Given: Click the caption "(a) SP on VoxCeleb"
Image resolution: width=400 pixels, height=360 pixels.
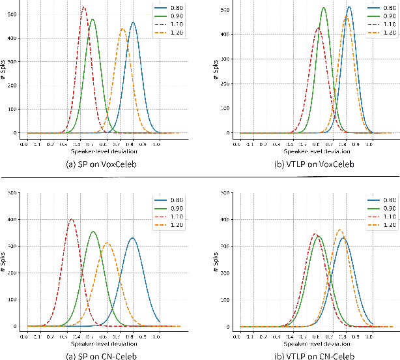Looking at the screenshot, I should (x=96, y=164).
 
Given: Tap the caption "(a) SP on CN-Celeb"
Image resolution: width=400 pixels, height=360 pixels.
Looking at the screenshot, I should (x=96, y=355).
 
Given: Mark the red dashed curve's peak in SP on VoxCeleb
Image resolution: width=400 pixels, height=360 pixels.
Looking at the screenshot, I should (x=83, y=8).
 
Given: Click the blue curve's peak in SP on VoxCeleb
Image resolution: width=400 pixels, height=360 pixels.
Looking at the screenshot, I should (x=134, y=23).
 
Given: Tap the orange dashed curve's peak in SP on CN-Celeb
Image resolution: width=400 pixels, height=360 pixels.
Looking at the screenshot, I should (x=107, y=243).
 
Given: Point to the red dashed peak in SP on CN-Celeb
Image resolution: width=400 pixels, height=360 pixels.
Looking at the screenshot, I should (x=71, y=219).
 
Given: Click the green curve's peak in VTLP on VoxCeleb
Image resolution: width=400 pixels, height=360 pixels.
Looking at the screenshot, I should (x=324, y=8).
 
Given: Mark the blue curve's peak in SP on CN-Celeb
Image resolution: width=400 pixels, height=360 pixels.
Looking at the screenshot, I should (x=132, y=238).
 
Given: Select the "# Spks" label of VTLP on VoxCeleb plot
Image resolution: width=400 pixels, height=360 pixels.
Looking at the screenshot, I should (x=218, y=68).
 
